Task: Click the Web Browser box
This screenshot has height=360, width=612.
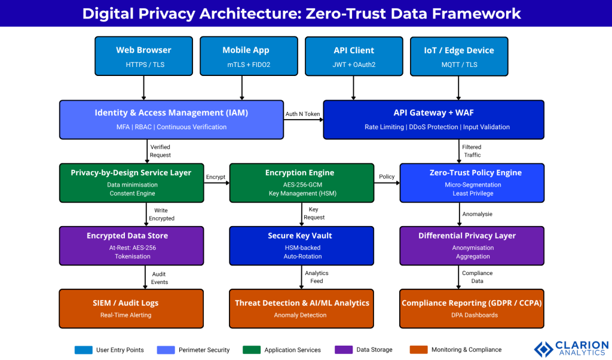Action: tap(143, 56)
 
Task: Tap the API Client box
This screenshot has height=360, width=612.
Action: tap(354, 56)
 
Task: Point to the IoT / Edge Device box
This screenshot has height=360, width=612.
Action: tap(459, 56)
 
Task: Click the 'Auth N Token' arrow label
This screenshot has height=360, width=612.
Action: tap(302, 114)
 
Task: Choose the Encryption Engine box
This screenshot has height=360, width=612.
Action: tap(300, 182)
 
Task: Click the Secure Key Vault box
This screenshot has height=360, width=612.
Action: tap(300, 245)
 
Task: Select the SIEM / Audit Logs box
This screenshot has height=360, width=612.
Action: tap(131, 308)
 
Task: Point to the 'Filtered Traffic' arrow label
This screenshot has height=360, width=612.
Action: tap(472, 151)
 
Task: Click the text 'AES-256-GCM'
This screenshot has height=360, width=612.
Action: tap(300, 185)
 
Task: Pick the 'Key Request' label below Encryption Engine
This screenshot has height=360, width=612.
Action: tap(317, 213)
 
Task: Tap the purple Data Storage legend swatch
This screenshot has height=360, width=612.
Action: tap(344, 350)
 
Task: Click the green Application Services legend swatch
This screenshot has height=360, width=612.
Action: tap(252, 350)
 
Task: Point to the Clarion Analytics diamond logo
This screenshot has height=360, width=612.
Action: tap(543, 349)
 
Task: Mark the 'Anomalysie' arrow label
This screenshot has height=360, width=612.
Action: tap(477, 214)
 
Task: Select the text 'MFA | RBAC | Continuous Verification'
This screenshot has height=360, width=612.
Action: tap(172, 127)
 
